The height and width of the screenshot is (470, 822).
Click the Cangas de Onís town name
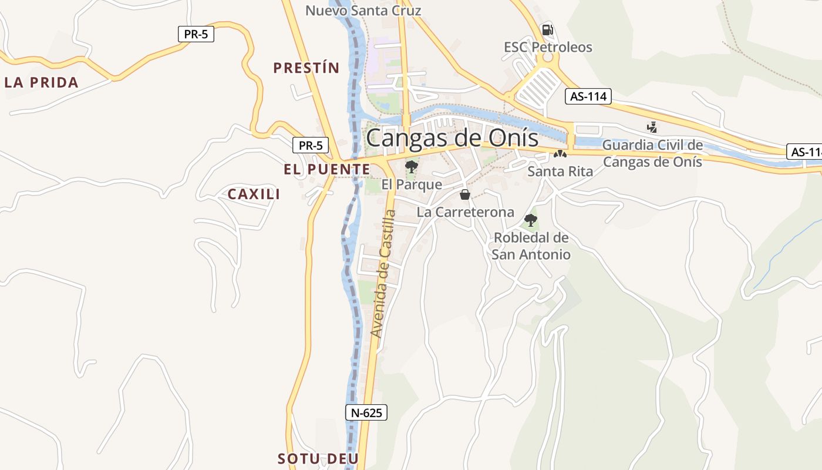point(452,138)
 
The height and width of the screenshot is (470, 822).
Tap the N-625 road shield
point(366,412)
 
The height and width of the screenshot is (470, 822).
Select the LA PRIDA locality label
point(42,82)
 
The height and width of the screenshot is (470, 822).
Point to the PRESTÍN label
point(306,68)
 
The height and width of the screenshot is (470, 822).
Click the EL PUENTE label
point(327,170)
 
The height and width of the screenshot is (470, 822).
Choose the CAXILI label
point(254,194)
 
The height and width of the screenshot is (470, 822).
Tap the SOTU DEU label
point(318,458)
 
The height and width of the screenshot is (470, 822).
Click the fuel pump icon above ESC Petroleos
point(547,29)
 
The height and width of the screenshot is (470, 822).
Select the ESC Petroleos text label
point(548,47)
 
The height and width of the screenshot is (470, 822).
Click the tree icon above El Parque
point(412,167)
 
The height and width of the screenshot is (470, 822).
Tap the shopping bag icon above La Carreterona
point(465,194)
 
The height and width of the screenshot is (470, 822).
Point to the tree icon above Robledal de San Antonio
point(531,220)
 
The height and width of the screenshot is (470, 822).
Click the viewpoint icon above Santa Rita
point(560,155)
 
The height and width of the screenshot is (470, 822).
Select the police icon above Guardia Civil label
point(652,127)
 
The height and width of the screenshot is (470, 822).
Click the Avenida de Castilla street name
point(385,273)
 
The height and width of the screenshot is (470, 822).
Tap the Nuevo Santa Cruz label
point(363,11)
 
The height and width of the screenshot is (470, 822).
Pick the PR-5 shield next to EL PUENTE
point(311,146)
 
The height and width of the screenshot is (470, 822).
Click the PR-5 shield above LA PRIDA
point(196,34)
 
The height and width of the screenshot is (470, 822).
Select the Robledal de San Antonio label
point(531,246)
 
